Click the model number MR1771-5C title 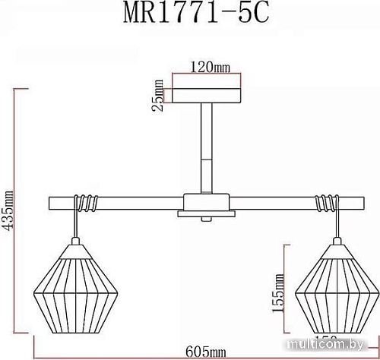tap(192, 17)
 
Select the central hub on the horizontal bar tap(207, 203)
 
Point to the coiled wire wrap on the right tap(325, 203)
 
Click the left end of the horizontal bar tap(52, 203)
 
